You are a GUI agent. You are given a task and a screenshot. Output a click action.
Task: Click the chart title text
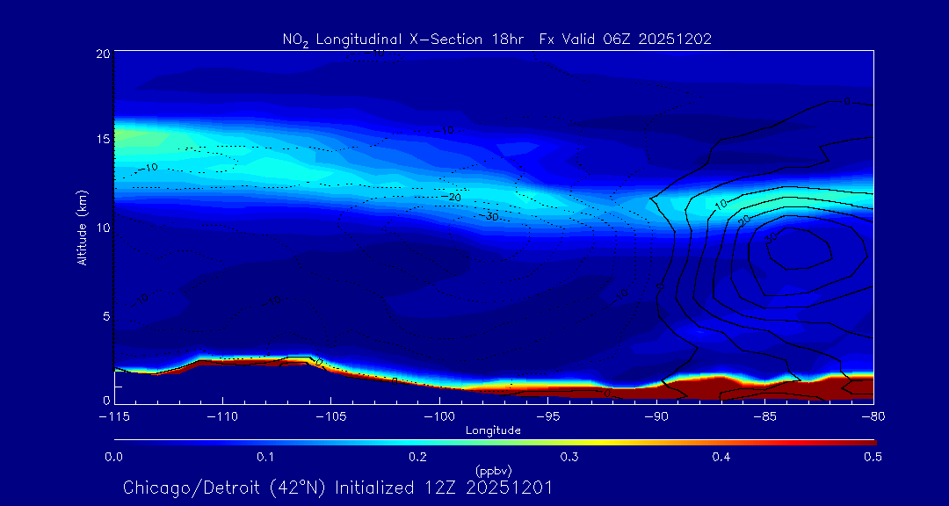point(496,39)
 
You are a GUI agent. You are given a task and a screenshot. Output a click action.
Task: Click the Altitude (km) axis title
point(83,227)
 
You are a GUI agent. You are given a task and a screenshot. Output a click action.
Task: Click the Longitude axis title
point(493,430)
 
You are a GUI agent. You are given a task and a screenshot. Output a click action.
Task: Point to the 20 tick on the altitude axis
point(102,54)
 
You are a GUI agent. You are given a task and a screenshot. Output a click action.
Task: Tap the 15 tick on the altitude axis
point(102,140)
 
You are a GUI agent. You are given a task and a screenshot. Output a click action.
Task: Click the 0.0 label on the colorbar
point(114,457)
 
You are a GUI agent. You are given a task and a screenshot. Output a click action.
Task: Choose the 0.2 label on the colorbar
point(417,457)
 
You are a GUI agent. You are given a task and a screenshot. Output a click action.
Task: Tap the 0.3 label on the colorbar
point(569,457)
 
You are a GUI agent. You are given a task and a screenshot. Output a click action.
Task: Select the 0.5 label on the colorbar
point(873,457)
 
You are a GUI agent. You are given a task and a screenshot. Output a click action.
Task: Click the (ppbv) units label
point(493,470)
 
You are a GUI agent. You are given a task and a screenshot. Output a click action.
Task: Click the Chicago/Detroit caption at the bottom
point(338,488)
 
